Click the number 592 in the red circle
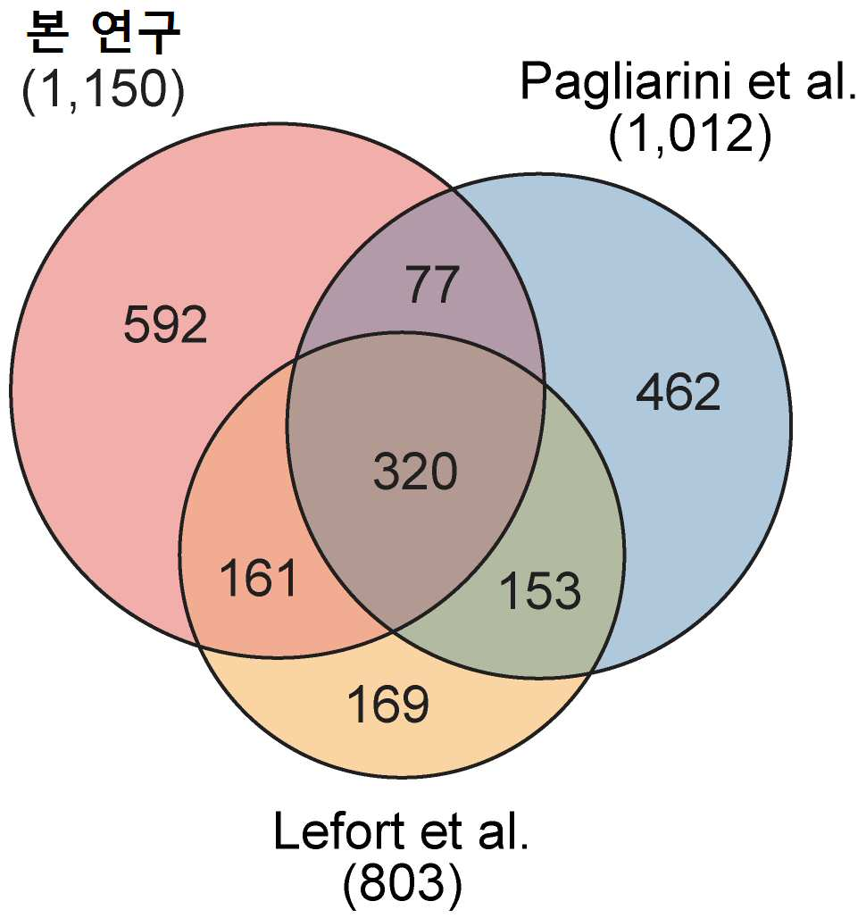pos(165,324)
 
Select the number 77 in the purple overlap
pos(434,285)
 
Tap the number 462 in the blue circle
pos(679,392)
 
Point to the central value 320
pos(415,472)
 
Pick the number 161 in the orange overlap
pos(258,579)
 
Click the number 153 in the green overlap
pos(541,590)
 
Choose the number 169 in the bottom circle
pos(388,704)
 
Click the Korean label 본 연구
pos(104,33)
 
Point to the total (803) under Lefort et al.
pos(403,883)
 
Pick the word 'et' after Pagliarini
pos(770,84)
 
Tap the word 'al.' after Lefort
pos(504,831)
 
